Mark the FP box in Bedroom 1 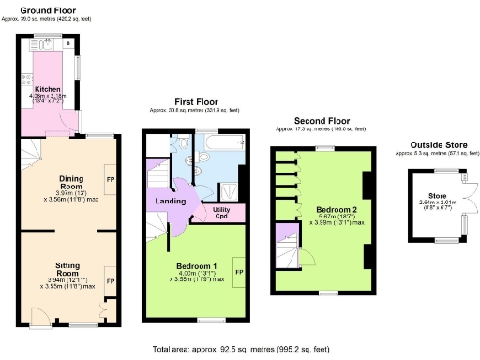[x=239, y=272]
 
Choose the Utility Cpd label [x=222, y=213]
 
